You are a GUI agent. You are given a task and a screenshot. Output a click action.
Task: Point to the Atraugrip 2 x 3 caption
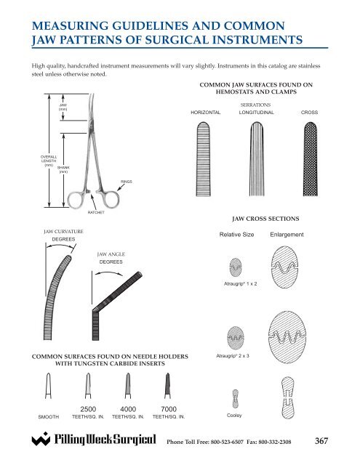pos(233,356)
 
